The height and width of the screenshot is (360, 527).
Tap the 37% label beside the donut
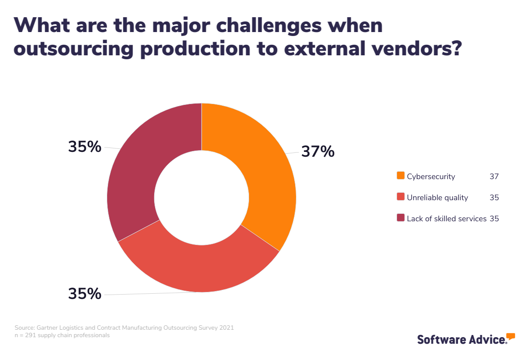[318, 151]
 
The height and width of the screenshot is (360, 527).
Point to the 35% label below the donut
[84, 293]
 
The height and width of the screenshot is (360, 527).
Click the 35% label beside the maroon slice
[84, 147]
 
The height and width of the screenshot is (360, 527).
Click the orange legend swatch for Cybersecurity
[401, 176]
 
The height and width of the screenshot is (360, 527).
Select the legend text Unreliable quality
[437, 198]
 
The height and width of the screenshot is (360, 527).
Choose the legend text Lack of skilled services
[446, 219]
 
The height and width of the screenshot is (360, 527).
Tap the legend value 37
[494, 176]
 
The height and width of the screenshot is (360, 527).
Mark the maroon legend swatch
[401, 218]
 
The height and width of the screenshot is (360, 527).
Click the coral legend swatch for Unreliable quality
[401, 197]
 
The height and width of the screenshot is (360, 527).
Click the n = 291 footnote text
[61, 335]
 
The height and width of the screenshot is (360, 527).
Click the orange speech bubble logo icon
[510, 337]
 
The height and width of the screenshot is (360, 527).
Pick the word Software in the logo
[439, 339]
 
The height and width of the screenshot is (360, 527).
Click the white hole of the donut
[202, 197]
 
